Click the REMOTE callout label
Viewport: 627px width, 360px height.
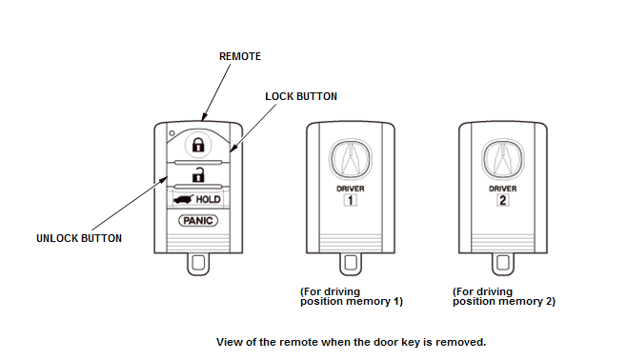240,56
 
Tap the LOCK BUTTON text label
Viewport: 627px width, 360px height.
301,96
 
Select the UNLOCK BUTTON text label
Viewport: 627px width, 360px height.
79,238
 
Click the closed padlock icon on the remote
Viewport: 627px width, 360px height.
198,145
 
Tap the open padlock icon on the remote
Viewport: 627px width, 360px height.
198,175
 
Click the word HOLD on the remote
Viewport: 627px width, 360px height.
208,199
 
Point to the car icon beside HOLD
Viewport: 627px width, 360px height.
184,199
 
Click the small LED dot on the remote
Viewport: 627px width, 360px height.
172,133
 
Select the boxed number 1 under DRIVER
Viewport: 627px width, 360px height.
351,200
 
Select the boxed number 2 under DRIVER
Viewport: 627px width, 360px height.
502,200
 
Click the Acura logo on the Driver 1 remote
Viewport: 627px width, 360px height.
351,159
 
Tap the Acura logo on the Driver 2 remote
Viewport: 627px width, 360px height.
502,159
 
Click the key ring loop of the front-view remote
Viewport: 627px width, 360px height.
188,264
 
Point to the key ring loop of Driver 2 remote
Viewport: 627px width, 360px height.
493,264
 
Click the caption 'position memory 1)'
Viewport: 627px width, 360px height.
352,301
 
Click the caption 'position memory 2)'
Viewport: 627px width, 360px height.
504,301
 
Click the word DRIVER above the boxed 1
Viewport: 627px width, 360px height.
351,189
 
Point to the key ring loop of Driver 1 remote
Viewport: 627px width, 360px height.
340,264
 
